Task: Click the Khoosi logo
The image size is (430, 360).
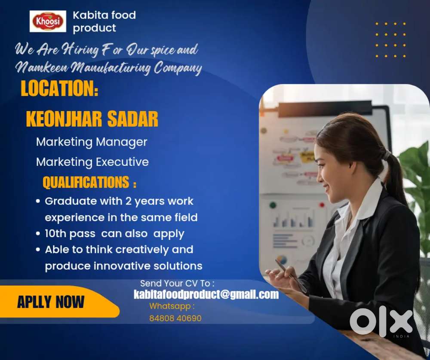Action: (48, 21)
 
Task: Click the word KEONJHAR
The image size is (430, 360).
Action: (64, 119)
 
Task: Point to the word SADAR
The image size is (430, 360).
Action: (133, 119)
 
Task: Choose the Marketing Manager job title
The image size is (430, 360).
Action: (92, 142)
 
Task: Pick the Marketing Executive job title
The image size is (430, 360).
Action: (92, 162)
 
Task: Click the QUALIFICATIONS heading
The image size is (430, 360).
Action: (86, 182)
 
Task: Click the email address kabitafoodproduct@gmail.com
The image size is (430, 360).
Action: (206, 294)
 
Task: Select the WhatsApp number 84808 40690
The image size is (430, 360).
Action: (175, 318)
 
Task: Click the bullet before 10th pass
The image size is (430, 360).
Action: (38, 234)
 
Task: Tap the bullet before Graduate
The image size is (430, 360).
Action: (38, 201)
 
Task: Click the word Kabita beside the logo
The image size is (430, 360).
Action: (88, 15)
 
